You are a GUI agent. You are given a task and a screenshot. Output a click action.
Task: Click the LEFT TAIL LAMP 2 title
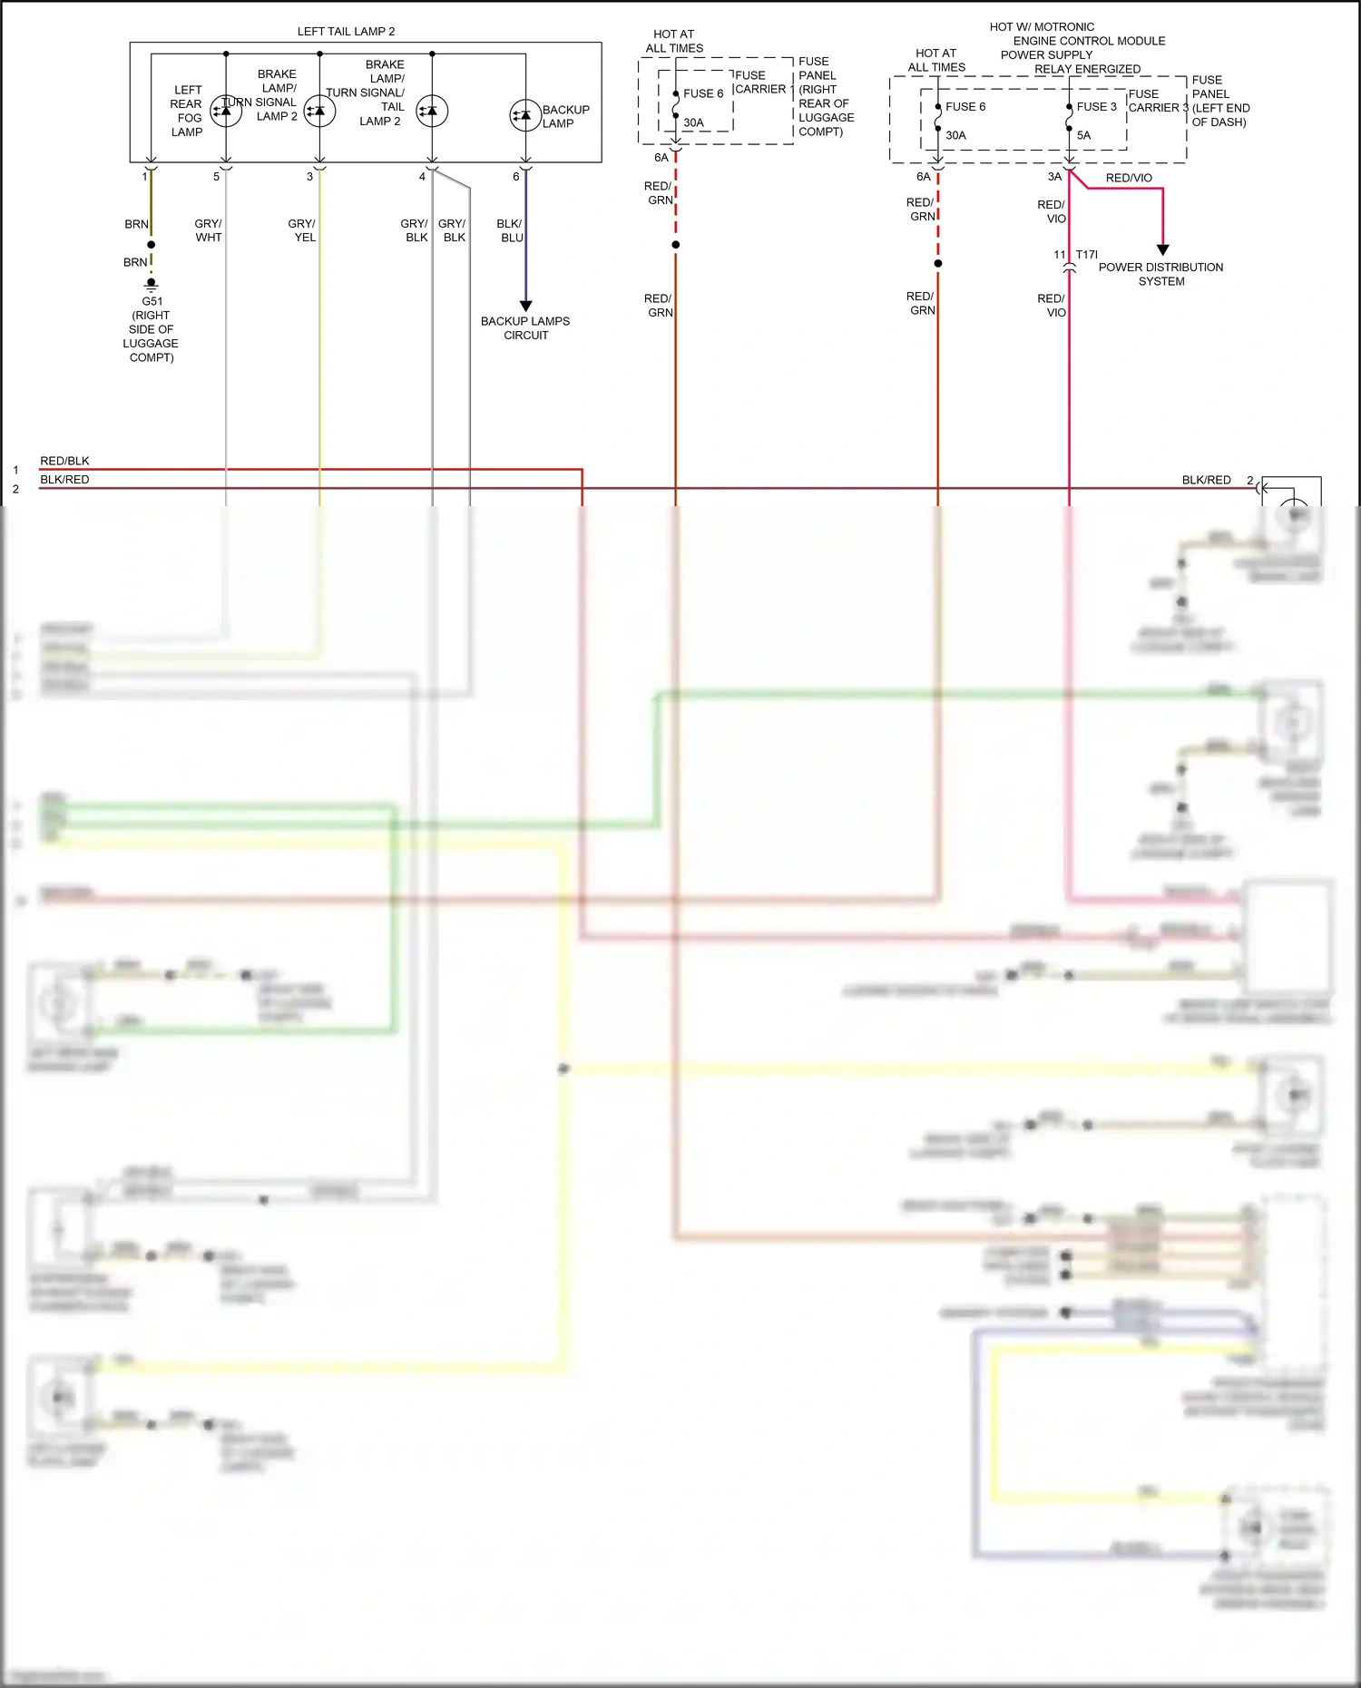pos(346,32)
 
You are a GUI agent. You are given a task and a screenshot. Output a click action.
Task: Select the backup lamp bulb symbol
pos(524,115)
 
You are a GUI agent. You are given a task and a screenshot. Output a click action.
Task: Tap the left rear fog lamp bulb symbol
pos(226,111)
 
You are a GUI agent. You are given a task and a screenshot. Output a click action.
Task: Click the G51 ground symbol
pos(152,284)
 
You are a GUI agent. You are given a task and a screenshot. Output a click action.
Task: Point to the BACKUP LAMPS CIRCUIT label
pos(525,328)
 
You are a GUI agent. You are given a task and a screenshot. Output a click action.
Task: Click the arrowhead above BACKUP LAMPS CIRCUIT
pos(525,306)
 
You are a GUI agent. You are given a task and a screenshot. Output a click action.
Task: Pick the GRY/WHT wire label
pos(208,230)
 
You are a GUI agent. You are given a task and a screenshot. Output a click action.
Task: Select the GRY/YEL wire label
pos(302,230)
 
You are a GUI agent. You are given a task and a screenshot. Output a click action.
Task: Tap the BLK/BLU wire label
pos(510,230)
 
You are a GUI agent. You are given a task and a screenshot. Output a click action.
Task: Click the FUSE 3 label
pos(1096,107)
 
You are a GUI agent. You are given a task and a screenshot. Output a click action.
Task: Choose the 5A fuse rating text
pos(1084,136)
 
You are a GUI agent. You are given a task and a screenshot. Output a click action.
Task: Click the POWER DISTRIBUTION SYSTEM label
pos(1160,274)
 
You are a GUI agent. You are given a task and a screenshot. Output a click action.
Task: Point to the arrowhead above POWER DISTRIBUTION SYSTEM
pos(1162,249)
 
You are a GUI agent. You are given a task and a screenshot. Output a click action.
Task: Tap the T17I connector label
pos(1086,255)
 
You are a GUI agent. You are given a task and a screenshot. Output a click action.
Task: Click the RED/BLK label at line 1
pos(64,461)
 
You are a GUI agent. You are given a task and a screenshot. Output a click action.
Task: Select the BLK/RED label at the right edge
pos(1206,480)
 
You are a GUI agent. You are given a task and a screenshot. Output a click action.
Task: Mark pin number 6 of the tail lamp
pos(516,177)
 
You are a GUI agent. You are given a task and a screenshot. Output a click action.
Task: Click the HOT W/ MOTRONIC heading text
pos(1042,27)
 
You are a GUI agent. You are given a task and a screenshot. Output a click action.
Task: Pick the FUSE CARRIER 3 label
pos(1157,101)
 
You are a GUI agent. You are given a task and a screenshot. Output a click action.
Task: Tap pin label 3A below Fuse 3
pos(1054,177)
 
